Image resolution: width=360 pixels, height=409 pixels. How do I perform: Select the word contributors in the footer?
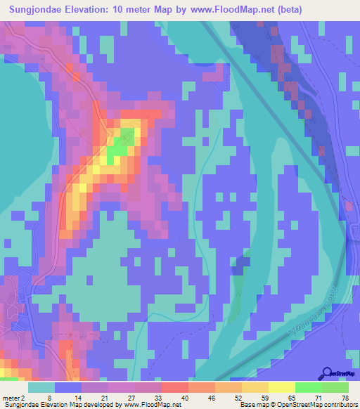pyautogui.click(x=337, y=405)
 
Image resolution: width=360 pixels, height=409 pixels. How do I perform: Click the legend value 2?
pyautogui.click(x=23, y=398)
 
